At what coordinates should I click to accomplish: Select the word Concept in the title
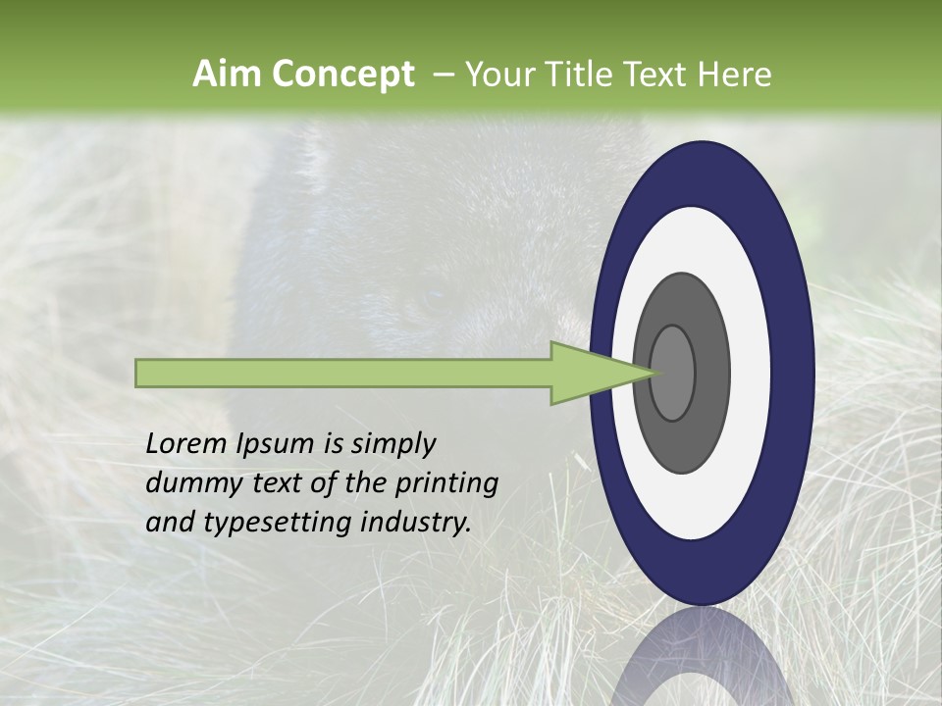click(342, 75)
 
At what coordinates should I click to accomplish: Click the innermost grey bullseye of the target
click(673, 373)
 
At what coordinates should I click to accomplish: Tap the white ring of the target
click(751, 373)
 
